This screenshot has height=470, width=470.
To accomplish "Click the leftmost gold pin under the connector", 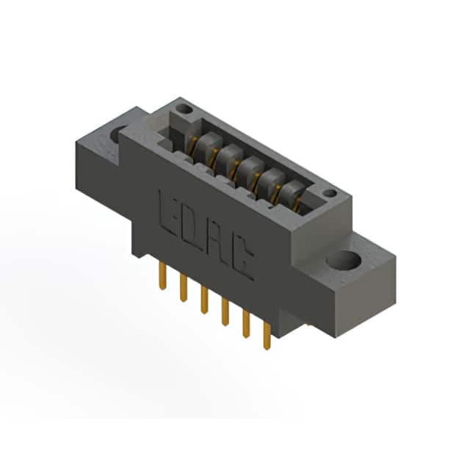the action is [x=162, y=276].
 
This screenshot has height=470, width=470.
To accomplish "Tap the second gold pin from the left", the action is [x=184, y=288].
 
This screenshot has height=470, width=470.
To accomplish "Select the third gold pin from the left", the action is [x=204, y=300].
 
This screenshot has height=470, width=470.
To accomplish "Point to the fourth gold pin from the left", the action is [x=225, y=312].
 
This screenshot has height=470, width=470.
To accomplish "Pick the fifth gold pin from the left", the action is [x=246, y=325].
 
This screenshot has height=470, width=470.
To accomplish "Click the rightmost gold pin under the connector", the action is [x=267, y=336].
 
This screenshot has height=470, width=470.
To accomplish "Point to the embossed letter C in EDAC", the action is [x=242, y=257].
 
